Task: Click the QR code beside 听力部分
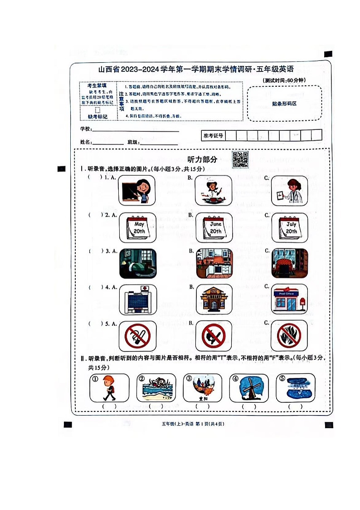pos(240,159)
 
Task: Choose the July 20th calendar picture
pos(289,228)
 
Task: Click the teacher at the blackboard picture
pos(137,191)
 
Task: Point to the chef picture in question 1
pos(214,191)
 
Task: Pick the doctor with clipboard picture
pos(289,191)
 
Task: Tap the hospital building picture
pos(137,299)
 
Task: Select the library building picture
pos(214,299)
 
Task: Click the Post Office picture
pos(289,299)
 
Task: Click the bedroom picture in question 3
pos(137,263)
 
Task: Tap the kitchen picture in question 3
pos(214,263)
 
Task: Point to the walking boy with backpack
pos(109,387)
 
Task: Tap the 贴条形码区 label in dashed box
pos(284,104)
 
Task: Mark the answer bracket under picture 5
pos(295,406)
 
